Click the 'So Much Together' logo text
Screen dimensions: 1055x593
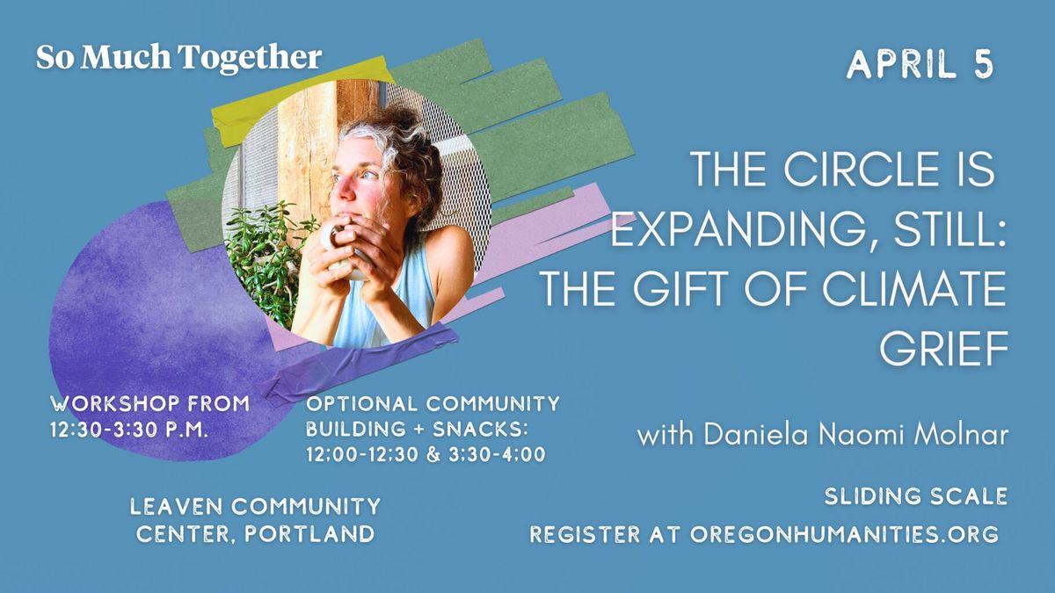coord(179,58)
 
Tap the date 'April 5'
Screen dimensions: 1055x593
coord(920,64)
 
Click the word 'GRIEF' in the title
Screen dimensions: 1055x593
coord(942,348)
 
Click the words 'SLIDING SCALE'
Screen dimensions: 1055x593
coord(916,496)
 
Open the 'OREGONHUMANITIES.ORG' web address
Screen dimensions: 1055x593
coord(845,534)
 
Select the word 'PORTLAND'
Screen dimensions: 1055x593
coord(309,534)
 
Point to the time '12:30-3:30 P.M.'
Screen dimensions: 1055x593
coord(129,430)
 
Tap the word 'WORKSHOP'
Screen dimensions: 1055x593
coord(115,404)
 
